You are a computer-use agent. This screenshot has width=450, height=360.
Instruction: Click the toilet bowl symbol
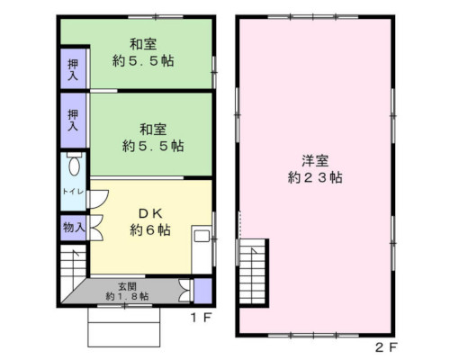pos(74,166)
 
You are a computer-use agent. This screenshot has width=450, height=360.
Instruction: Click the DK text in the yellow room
pos(150,212)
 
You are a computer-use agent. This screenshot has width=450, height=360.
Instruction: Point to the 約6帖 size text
pos(149,230)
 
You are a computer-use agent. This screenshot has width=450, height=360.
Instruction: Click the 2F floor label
pos(385,346)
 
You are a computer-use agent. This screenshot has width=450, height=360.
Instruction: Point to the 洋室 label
pos(315,161)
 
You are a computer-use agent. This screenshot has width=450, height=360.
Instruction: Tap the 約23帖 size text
pos(315,178)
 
